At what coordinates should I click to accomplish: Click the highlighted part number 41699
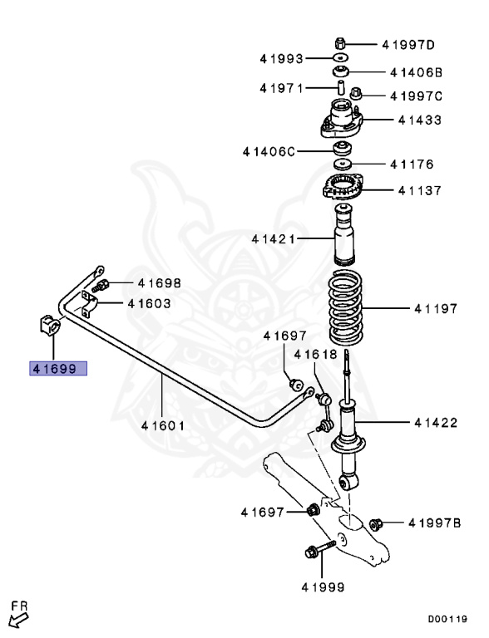57,367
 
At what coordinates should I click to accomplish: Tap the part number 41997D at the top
408,44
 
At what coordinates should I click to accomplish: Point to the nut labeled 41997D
341,42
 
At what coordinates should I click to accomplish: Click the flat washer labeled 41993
341,58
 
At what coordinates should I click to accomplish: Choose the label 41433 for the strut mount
419,120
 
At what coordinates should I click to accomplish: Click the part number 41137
419,190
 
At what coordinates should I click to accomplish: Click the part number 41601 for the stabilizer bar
162,425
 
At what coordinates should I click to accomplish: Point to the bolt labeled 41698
103,286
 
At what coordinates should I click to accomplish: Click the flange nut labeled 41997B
373,523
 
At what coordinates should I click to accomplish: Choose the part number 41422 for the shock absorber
436,423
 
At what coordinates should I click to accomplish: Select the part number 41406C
269,151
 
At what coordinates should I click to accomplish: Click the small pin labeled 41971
341,86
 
